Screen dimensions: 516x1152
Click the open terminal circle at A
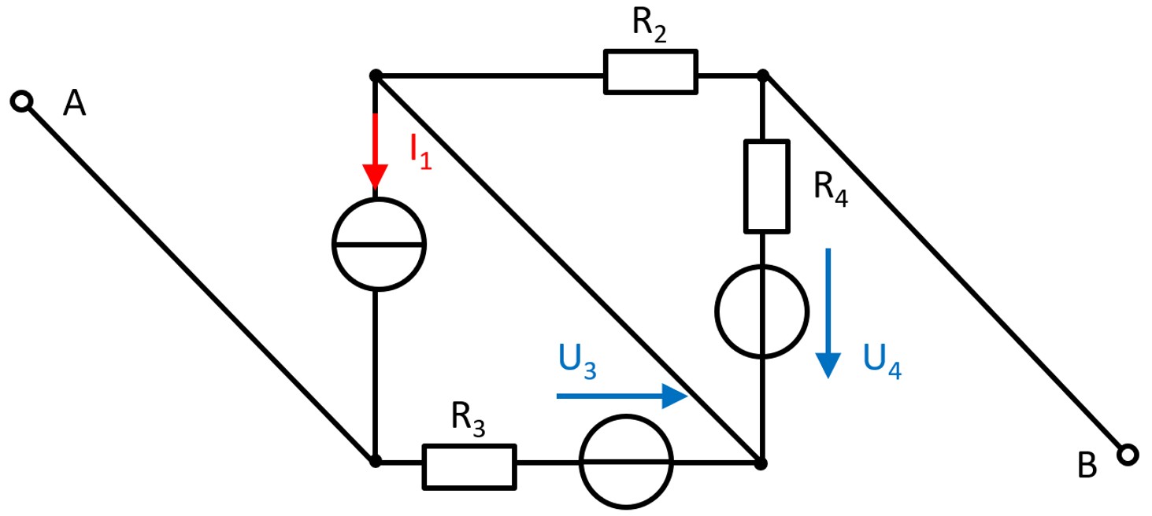pos(23,101)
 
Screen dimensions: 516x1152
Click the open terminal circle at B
pos(1128,454)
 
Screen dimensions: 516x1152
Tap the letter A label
pos(74,103)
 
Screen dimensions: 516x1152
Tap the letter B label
pos(1087,466)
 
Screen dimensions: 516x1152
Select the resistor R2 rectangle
pos(650,72)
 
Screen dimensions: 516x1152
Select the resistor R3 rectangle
pos(469,466)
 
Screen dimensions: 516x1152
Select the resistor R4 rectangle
pos(766,186)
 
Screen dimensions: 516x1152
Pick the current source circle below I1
pos(378,245)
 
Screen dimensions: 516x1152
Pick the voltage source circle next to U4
pos(762,311)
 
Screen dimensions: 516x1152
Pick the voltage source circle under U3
pos(627,462)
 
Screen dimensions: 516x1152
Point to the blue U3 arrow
pos(622,396)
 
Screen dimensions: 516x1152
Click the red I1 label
pos(420,150)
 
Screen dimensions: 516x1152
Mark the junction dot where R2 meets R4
pos(762,76)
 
